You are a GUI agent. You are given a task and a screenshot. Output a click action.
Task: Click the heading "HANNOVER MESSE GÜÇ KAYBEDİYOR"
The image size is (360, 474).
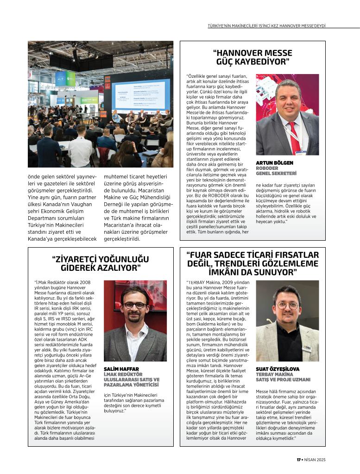coord(253,57)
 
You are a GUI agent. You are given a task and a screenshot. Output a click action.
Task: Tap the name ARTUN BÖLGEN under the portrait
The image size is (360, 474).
coord(274,163)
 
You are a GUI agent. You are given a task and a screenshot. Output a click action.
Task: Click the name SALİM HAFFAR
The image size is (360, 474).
coord(119,369)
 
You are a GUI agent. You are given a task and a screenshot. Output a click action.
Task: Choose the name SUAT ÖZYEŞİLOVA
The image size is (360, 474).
coord(278,369)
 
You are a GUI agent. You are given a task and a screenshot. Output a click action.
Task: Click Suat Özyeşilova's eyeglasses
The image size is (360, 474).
coord(287,306)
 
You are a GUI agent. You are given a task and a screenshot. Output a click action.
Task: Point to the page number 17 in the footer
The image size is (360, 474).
coord(299,460)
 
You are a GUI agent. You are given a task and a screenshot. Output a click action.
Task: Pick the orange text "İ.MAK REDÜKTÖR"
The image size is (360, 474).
coord(123,374)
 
